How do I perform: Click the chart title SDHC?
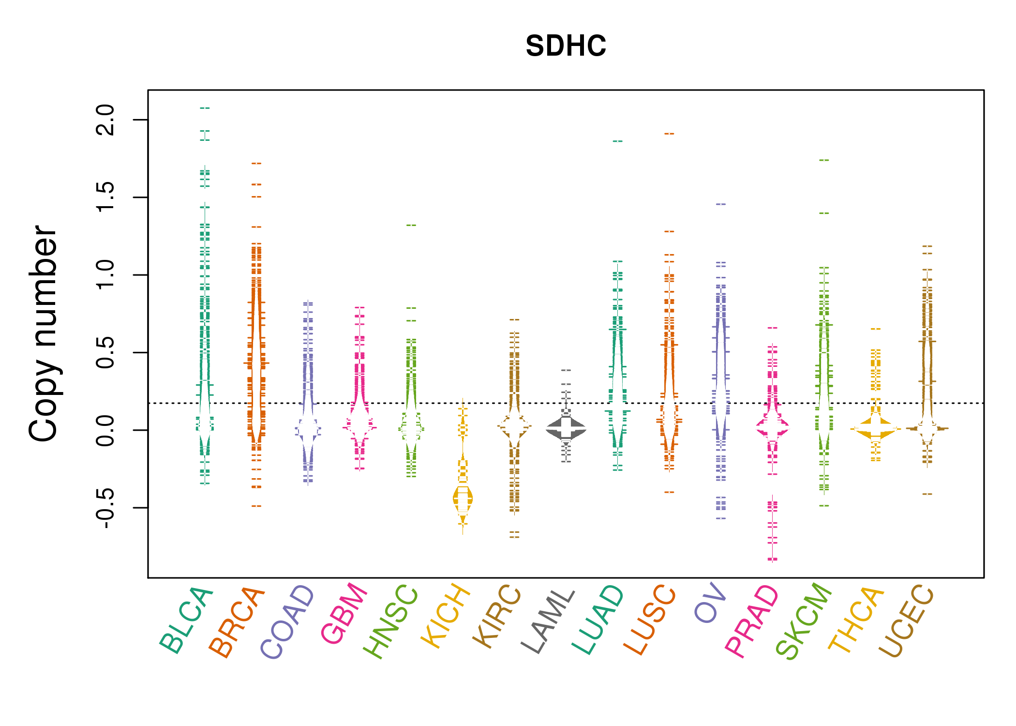click(x=566, y=46)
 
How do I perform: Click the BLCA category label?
click(x=186, y=620)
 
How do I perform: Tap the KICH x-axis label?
click(x=446, y=617)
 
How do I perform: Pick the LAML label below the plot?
click(x=548, y=621)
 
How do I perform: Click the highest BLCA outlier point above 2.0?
click(x=205, y=108)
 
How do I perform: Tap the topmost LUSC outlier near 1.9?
click(x=669, y=134)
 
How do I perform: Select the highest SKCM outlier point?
click(x=824, y=160)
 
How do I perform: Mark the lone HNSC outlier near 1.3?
click(x=411, y=225)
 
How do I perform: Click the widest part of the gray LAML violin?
click(x=566, y=429)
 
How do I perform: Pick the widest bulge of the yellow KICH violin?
click(x=463, y=499)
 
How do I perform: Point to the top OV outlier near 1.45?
click(x=721, y=204)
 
